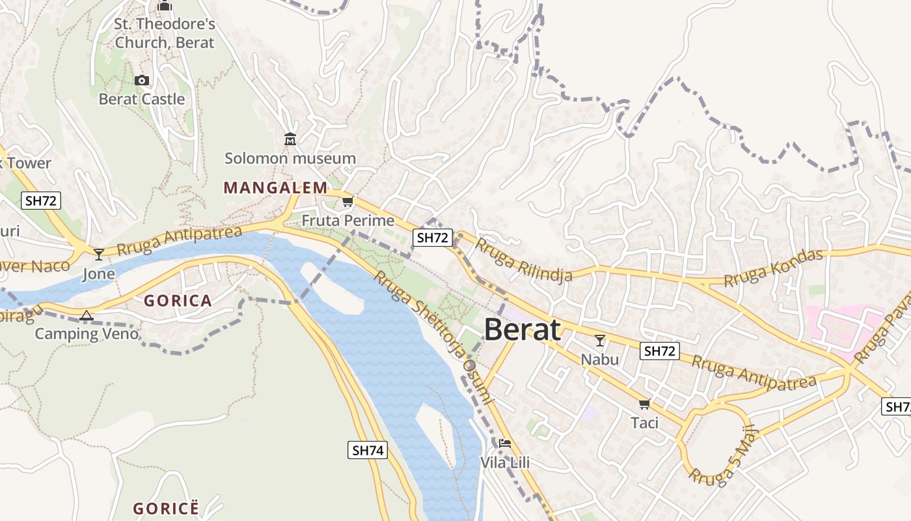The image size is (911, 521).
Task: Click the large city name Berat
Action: click(522, 330)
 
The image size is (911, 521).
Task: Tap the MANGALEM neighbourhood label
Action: click(275, 188)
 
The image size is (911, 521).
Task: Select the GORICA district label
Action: click(178, 301)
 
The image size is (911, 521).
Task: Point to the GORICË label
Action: click(165, 509)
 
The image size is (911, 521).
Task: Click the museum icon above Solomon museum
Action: click(290, 139)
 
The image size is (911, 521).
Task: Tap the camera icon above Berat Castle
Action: click(141, 81)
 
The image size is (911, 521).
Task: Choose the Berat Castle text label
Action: click(142, 100)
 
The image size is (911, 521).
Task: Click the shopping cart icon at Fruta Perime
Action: click(347, 202)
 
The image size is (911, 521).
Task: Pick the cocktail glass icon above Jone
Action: click(98, 254)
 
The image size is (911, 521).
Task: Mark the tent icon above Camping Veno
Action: click(86, 316)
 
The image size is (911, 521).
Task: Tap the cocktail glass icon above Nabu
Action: click(599, 340)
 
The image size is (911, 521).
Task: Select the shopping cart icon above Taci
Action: click(644, 404)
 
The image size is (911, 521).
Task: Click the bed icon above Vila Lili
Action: click(504, 444)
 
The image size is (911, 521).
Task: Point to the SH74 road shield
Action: click(368, 449)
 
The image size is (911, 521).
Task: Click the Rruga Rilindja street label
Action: click(523, 260)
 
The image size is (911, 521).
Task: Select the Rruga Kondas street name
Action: click(773, 268)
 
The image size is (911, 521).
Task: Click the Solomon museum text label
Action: click(290, 158)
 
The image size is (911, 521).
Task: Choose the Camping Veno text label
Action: click(87, 334)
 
